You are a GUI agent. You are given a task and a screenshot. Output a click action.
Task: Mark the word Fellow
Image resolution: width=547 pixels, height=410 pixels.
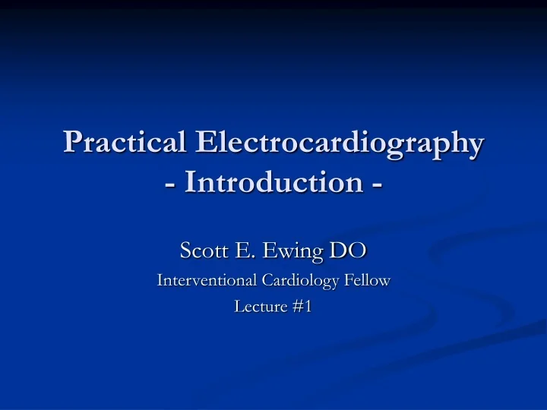[368, 280]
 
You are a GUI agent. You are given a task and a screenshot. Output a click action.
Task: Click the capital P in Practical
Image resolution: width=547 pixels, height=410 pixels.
[73, 142]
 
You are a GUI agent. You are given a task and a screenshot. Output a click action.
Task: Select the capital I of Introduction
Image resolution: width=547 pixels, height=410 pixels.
[190, 184]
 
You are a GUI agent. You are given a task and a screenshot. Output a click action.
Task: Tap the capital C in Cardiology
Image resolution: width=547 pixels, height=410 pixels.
[267, 280]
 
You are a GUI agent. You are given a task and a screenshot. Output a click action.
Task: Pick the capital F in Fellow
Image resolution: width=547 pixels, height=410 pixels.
[350, 280]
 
